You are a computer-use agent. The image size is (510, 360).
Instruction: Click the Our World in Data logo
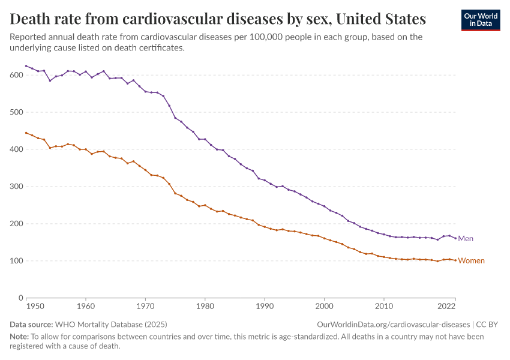[480, 20]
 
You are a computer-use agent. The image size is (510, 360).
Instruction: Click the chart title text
[218, 19]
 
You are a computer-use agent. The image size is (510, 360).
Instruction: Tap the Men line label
[466, 239]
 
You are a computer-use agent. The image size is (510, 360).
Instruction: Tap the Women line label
[471, 261]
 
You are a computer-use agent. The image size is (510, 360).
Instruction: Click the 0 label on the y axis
[20, 298]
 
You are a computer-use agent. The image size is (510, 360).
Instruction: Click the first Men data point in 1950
[26, 66]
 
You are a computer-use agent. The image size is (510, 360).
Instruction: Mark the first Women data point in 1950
[26, 133]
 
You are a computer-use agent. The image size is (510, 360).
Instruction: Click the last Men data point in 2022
[455, 238]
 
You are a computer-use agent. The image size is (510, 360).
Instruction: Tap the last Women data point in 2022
[455, 260]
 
